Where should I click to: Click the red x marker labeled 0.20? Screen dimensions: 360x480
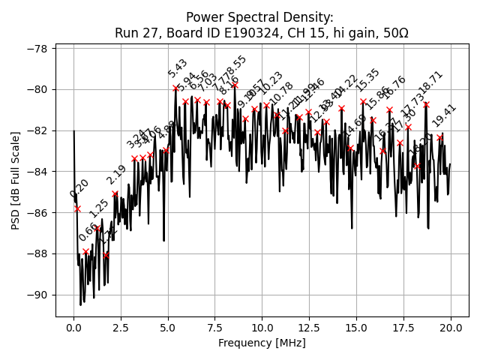(77, 208)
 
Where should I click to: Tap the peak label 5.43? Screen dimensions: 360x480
(178, 68)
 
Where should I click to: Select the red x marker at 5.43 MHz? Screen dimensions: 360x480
(175, 88)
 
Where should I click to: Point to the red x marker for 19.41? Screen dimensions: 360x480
(439, 137)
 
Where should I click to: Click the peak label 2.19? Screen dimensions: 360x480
(116, 175)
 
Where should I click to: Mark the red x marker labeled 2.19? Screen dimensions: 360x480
(115, 193)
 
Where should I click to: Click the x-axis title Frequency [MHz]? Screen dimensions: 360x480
(262, 343)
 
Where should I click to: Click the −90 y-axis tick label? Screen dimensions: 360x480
(37, 295)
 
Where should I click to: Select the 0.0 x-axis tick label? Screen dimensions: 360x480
(73, 327)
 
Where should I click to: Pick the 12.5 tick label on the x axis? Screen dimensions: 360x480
(309, 327)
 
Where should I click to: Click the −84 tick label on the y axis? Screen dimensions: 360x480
(37, 172)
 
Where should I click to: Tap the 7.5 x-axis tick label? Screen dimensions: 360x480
(215, 327)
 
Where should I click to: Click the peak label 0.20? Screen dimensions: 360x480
(79, 188)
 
